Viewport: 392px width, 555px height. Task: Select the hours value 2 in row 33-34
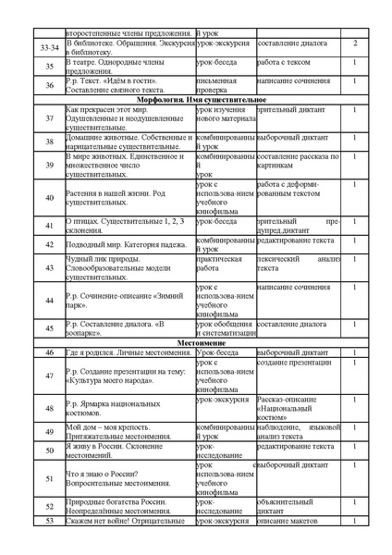(x=356, y=43)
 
